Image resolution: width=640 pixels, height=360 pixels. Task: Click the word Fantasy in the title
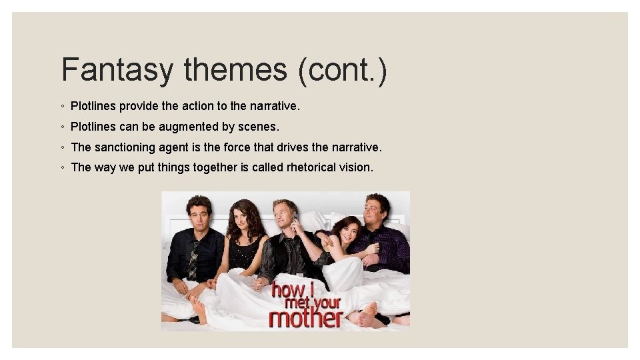click(x=117, y=70)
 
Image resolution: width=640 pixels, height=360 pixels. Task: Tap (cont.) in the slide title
click(x=343, y=70)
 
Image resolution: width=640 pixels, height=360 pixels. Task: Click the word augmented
click(x=183, y=127)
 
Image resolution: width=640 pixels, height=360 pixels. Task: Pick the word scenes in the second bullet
click(x=261, y=127)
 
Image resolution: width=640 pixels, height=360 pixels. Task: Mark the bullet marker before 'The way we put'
click(x=61, y=168)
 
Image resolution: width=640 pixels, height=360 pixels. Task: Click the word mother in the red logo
click(x=305, y=316)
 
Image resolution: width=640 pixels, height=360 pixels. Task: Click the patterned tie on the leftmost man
click(x=193, y=259)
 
